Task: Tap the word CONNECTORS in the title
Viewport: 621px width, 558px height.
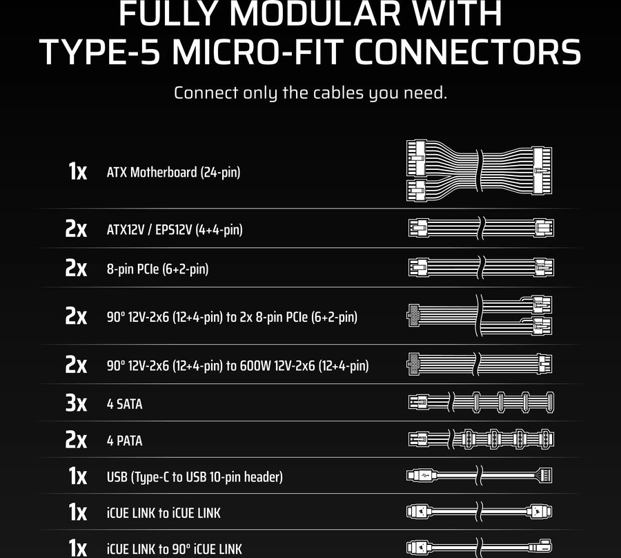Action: point(468,52)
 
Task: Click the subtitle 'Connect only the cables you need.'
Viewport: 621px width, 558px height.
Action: point(310,93)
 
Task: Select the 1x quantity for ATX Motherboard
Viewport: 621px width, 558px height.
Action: point(77,171)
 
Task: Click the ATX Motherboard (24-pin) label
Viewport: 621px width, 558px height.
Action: point(173,173)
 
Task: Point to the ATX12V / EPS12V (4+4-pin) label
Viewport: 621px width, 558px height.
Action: point(175,230)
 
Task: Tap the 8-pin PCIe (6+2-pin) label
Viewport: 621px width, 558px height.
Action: point(157,269)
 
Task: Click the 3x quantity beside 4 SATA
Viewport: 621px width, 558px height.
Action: point(76,403)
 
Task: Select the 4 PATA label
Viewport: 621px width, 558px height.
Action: point(124,441)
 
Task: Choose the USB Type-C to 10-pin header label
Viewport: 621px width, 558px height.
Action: point(195,477)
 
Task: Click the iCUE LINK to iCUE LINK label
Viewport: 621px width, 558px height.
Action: point(164,513)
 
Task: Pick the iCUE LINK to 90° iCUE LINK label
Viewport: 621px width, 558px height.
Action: point(175,549)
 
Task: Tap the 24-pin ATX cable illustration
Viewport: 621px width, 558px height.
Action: point(480,170)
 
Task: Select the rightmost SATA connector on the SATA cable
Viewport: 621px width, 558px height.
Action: point(550,402)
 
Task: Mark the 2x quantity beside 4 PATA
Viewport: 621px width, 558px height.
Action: point(76,441)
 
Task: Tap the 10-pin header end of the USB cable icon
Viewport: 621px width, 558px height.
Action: point(544,475)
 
